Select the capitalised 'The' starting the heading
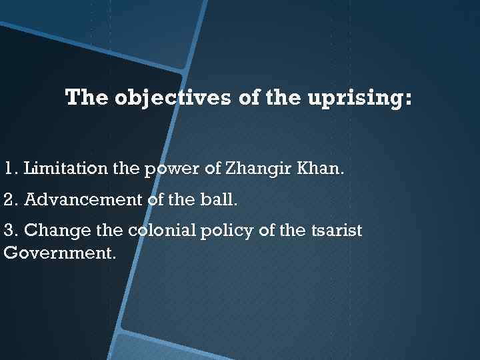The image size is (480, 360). (87, 99)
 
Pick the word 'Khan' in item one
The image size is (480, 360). (321, 169)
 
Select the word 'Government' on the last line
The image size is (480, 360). (57, 254)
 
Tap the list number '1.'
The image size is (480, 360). (11, 169)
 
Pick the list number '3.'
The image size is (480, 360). (11, 231)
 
